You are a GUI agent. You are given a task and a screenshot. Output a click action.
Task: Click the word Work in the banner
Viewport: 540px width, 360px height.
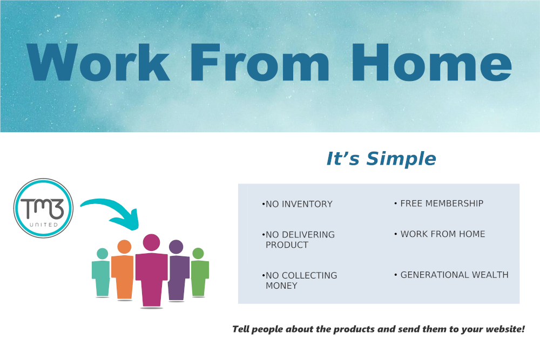coord(98,62)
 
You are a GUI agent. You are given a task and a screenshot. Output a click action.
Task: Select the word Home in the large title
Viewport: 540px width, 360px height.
coord(431,62)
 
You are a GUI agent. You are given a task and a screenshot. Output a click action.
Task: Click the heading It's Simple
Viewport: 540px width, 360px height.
coord(381,159)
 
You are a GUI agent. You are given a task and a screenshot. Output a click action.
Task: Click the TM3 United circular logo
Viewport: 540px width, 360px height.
coord(43,208)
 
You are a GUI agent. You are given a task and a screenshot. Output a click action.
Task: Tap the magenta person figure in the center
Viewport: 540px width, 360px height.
coord(152,270)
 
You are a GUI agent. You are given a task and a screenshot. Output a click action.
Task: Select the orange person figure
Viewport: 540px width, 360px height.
coord(123,270)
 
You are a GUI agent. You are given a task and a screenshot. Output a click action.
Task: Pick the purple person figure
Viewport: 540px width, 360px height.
coord(178,270)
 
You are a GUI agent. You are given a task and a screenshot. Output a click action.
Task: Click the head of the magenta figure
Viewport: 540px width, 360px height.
coord(152,242)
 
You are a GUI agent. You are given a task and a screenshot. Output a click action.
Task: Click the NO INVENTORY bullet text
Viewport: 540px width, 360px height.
coord(297,204)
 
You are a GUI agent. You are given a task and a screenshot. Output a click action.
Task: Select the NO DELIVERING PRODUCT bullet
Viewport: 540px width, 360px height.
coord(298,240)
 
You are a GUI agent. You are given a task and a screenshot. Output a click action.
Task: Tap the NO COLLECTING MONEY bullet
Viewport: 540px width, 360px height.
coord(299,281)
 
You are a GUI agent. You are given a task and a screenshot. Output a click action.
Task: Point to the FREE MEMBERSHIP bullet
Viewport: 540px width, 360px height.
coord(438,203)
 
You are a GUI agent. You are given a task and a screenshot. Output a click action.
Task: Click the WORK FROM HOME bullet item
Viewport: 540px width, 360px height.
coord(440,234)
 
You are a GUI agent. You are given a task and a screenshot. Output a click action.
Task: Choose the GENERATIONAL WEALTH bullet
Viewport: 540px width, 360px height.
coord(451,275)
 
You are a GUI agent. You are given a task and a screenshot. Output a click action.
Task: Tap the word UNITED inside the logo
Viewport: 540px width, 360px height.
coord(44,225)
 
